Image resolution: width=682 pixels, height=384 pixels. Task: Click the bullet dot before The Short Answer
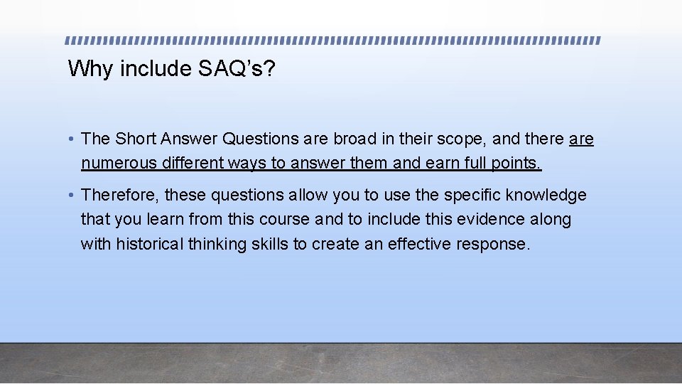(x=73, y=139)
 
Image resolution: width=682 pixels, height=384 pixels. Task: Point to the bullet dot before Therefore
(x=73, y=196)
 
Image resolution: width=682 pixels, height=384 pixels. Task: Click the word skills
(x=268, y=245)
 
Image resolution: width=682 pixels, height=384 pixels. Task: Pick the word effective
(x=414, y=245)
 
